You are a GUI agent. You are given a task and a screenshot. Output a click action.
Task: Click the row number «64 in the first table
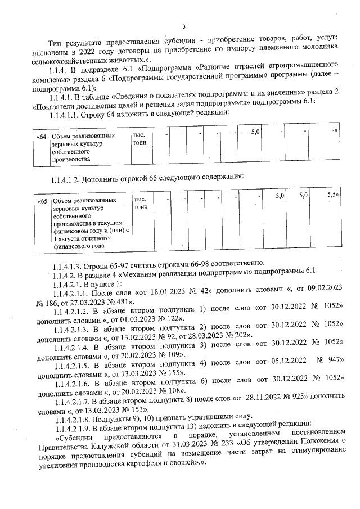41,136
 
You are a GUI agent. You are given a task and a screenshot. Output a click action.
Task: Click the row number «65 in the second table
42,200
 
